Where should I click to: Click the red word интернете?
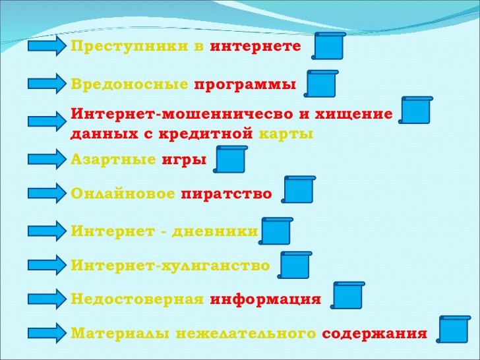[x=256, y=46]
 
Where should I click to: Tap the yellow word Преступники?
[x=129, y=47]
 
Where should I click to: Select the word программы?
[x=245, y=85]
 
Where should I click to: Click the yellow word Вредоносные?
[x=129, y=84]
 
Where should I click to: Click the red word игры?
[x=184, y=160]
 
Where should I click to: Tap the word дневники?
[x=215, y=231]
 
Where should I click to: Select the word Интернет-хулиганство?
[x=170, y=266]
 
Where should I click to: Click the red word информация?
[x=266, y=299]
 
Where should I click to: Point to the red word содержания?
[x=374, y=334]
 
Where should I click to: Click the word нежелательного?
[x=246, y=334]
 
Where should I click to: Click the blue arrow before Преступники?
[x=47, y=46]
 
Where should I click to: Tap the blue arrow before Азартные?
[x=47, y=159]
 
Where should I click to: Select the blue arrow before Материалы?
[x=47, y=333]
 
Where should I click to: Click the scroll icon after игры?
[x=230, y=159]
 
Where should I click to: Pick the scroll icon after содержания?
[x=454, y=330]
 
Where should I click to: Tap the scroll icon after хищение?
[x=415, y=110]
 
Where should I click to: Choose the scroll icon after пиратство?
[x=299, y=189]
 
